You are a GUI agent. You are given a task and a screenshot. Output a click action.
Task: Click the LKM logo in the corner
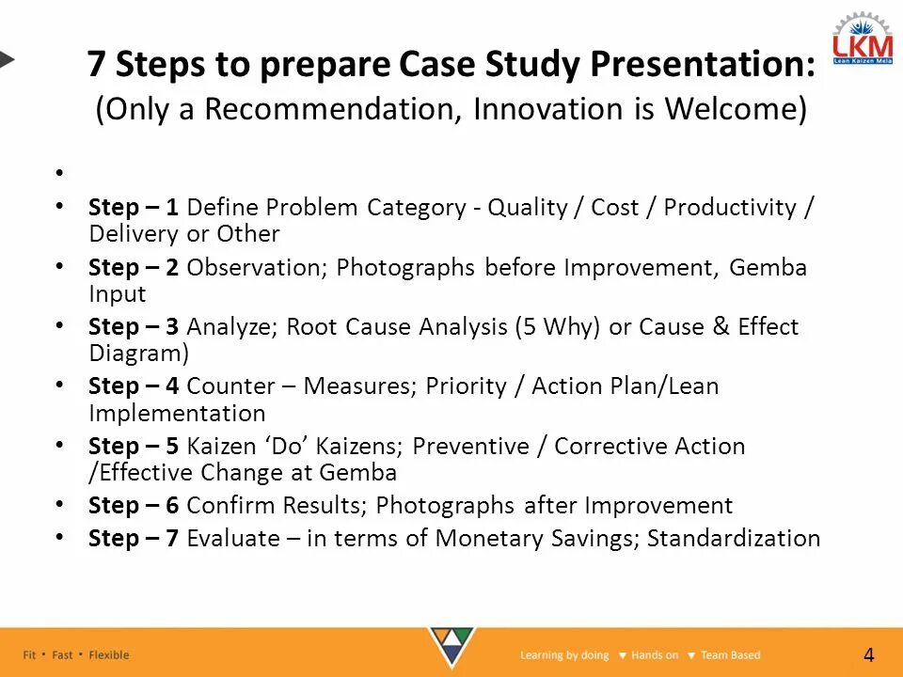pyautogui.click(x=863, y=39)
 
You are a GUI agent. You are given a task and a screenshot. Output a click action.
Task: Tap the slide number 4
pyautogui.click(x=869, y=655)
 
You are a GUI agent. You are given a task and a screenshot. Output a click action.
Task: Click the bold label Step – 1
pyautogui.click(x=133, y=208)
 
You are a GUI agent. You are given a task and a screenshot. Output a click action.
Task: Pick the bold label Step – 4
pyautogui.click(x=133, y=386)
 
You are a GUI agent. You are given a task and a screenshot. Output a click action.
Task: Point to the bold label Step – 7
pyautogui.click(x=133, y=539)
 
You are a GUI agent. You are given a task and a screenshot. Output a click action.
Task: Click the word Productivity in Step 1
pyautogui.click(x=730, y=208)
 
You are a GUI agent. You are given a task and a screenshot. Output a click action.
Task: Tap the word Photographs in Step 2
pyautogui.click(x=405, y=268)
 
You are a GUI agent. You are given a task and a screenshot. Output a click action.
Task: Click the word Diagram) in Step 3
pyautogui.click(x=139, y=354)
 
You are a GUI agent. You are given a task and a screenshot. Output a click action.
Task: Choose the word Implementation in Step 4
pyautogui.click(x=177, y=414)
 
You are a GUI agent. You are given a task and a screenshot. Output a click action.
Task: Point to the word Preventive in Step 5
pyautogui.click(x=470, y=446)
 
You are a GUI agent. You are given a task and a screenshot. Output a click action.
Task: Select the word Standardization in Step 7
pyautogui.click(x=734, y=538)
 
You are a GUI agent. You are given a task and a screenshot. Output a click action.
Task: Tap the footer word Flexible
pyautogui.click(x=109, y=655)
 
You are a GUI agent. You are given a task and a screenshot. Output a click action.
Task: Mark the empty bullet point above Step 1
pyautogui.click(x=59, y=172)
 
